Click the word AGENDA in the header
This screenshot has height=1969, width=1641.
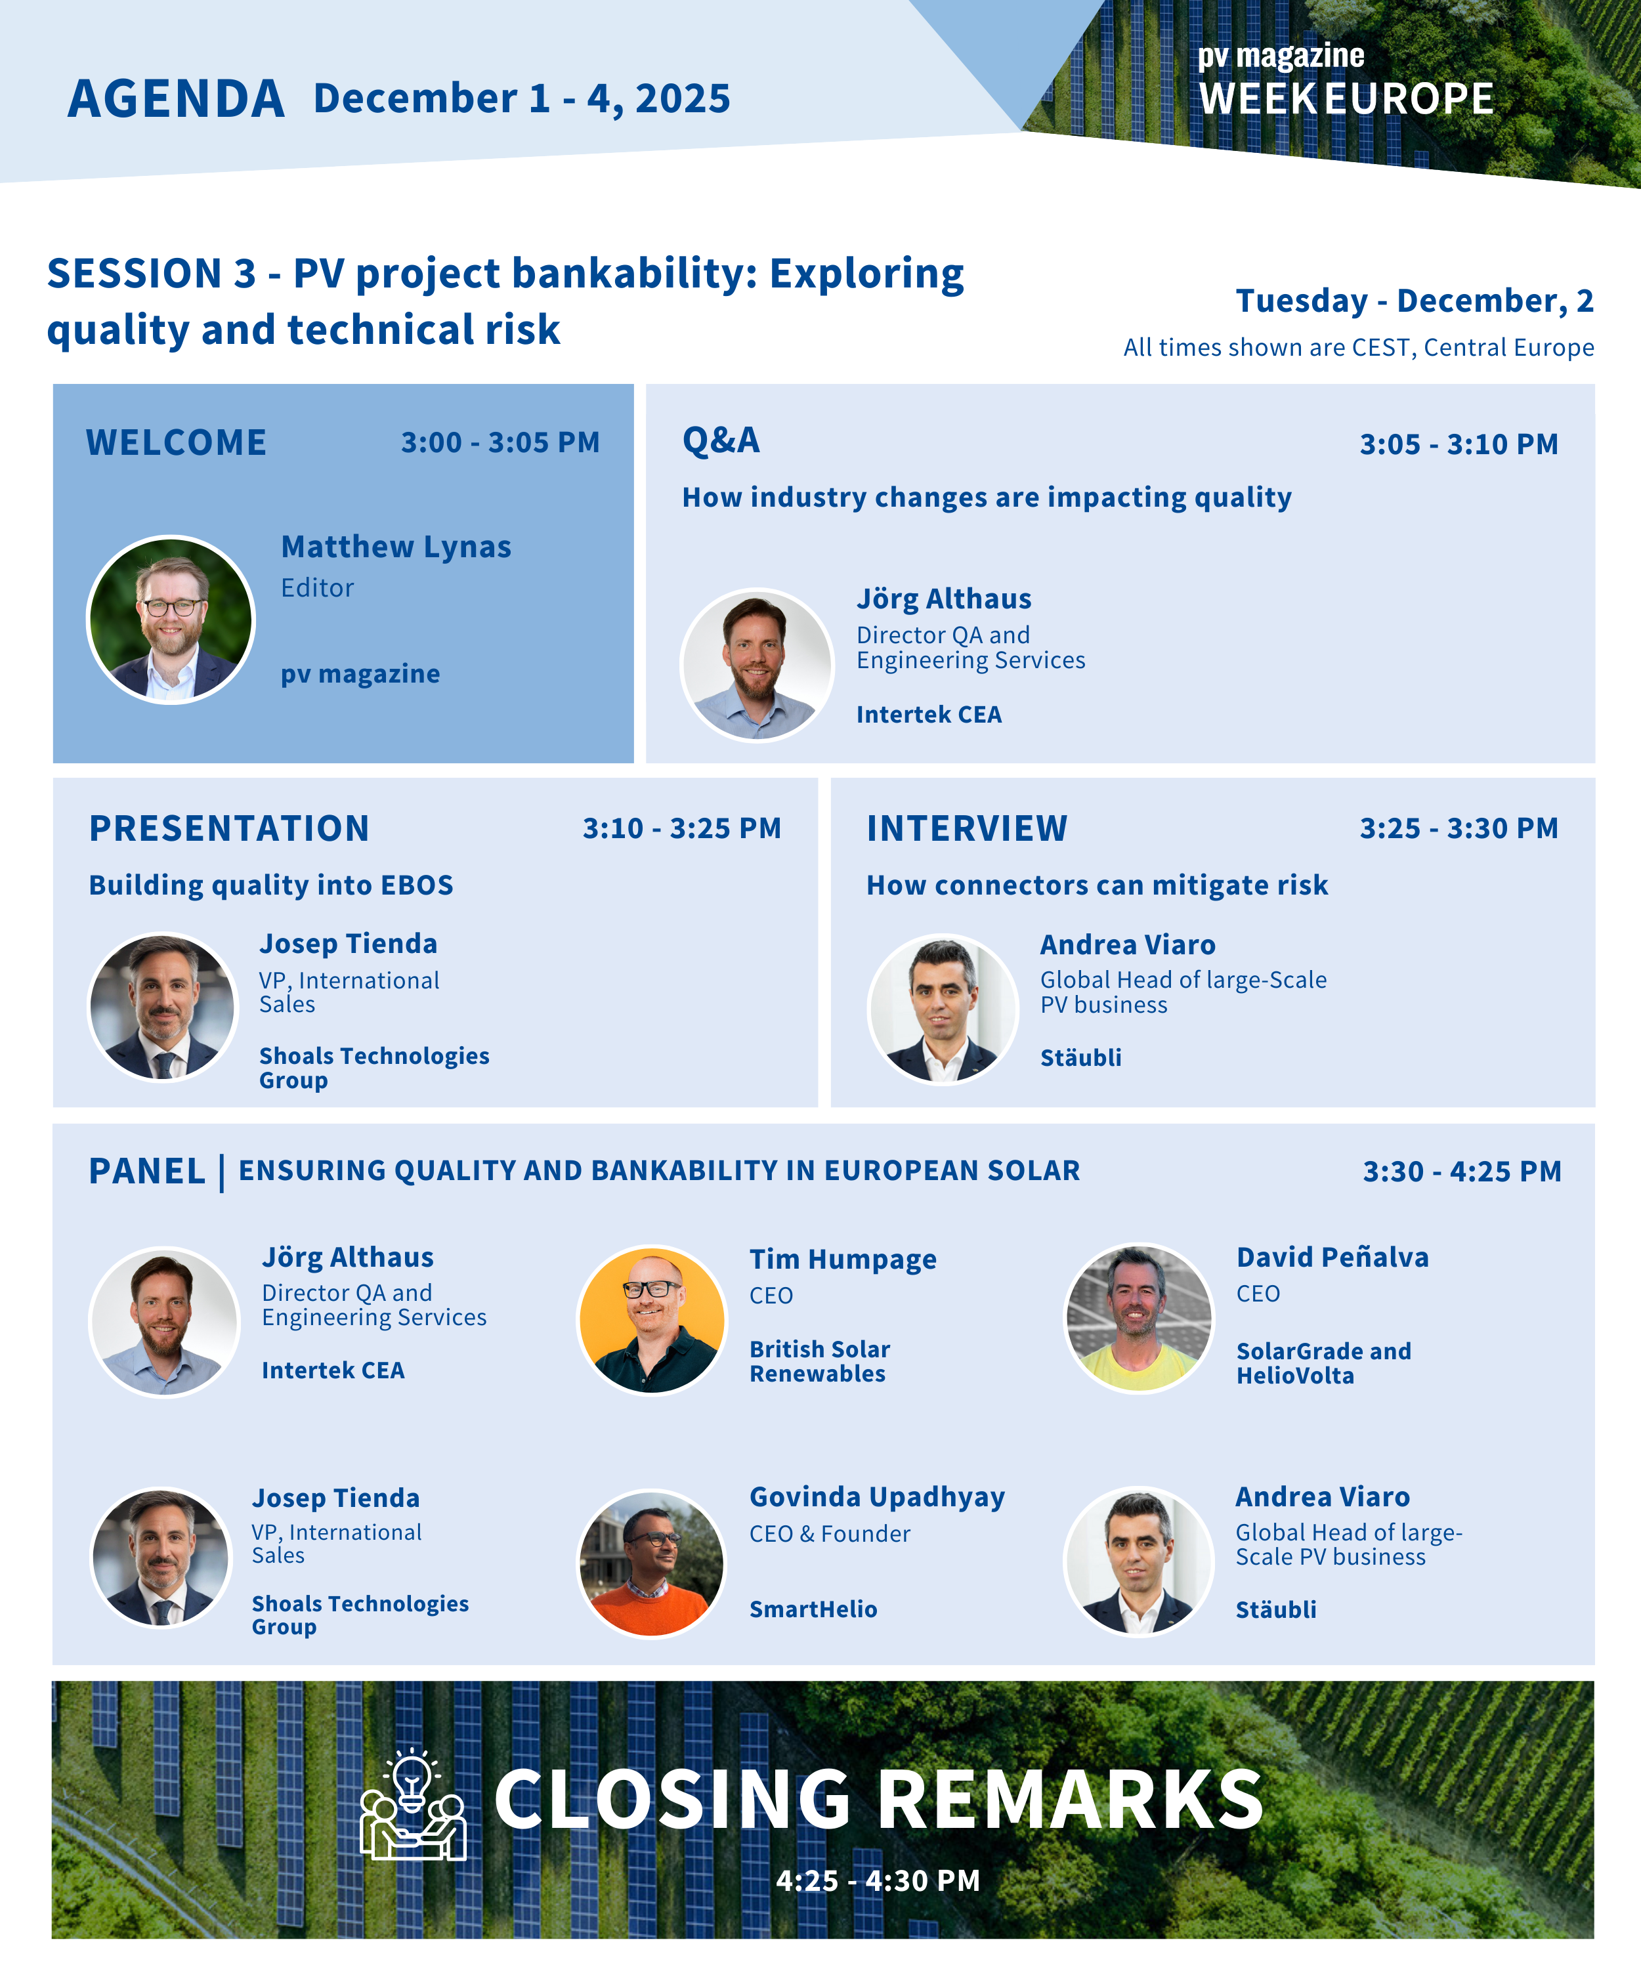(177, 99)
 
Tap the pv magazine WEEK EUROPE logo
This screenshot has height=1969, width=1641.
(1346, 81)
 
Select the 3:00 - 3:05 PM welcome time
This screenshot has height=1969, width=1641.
(500, 442)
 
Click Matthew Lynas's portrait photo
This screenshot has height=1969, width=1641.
(170, 619)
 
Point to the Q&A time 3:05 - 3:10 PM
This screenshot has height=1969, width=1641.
(1459, 444)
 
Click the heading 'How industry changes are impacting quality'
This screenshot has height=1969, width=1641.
(987, 497)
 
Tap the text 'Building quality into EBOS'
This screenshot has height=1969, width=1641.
(271, 885)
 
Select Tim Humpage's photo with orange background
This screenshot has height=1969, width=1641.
(652, 1319)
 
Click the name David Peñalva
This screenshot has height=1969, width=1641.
(1332, 1258)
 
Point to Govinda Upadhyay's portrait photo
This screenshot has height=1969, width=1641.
(652, 1563)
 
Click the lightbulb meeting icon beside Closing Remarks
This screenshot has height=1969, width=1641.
(414, 1804)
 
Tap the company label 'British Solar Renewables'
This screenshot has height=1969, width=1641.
(820, 1361)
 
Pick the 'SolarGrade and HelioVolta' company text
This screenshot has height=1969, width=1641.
(1323, 1363)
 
